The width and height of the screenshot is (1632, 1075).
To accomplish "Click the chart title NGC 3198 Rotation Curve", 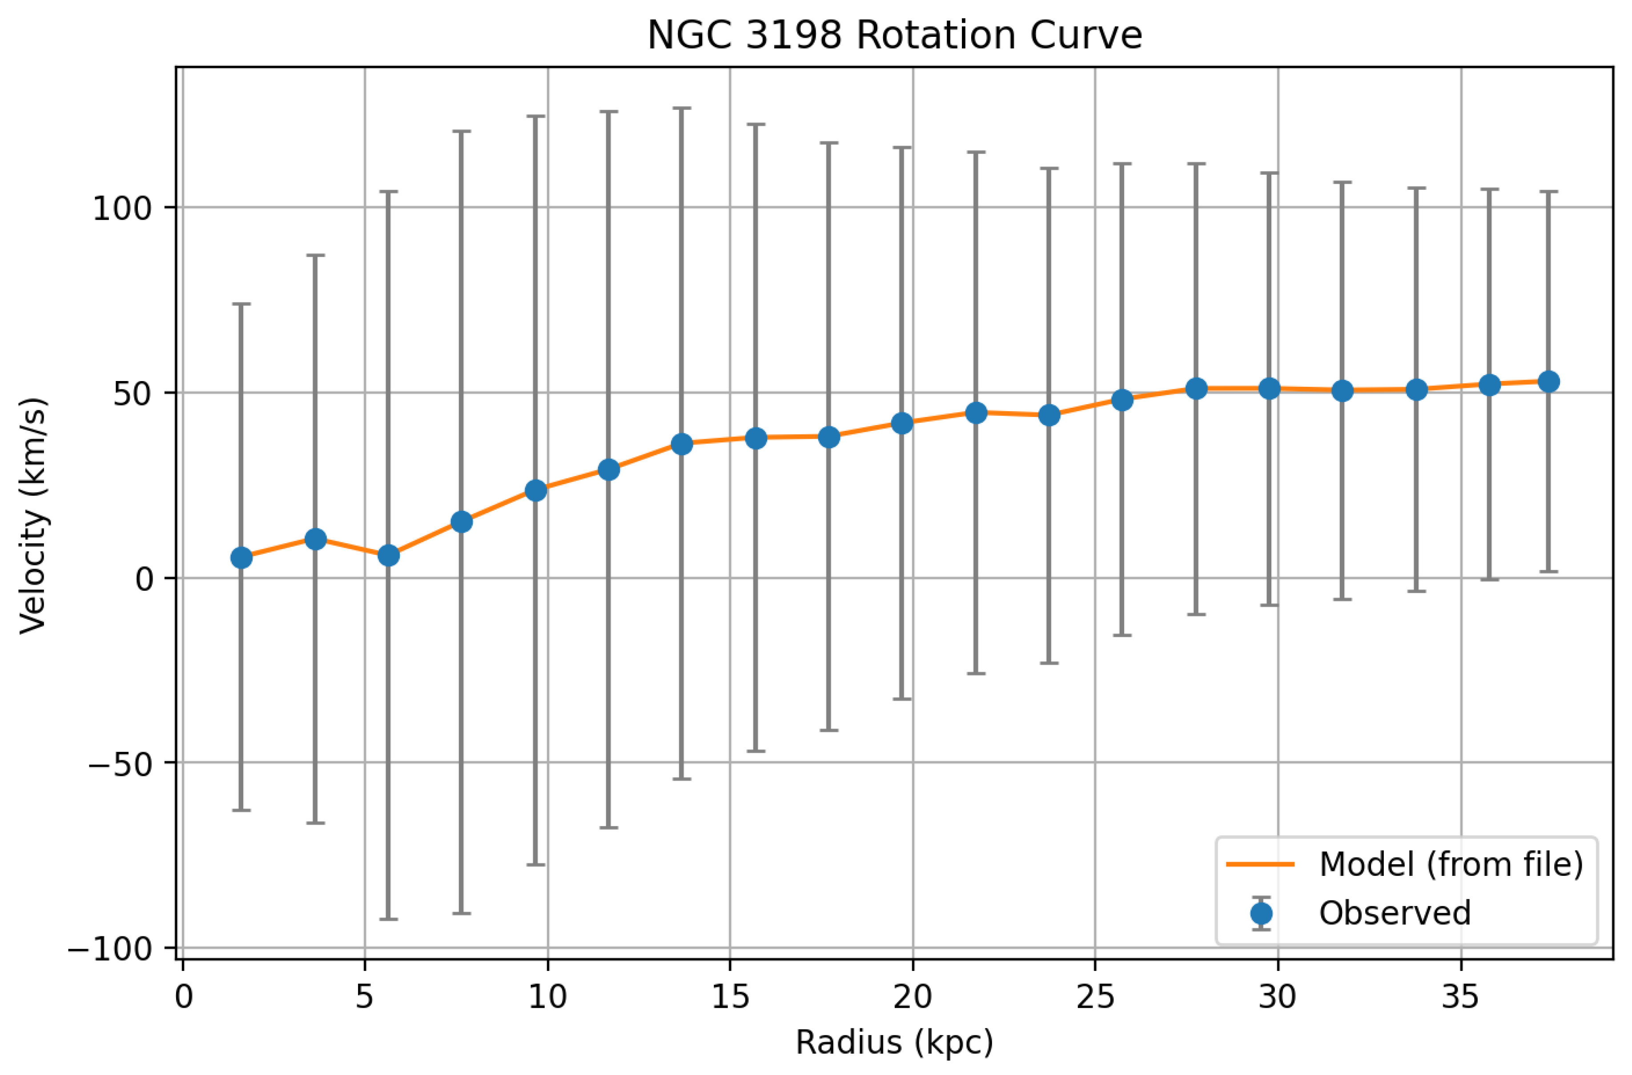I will [894, 36].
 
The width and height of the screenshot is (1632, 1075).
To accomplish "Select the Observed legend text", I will [1395, 913].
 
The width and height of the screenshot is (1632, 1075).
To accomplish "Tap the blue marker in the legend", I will [1261, 913].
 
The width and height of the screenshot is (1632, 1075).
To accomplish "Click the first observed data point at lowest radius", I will [241, 558].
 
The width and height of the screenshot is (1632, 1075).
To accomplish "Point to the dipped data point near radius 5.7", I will [388, 555].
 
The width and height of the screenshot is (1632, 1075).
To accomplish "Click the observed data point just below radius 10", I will [535, 490].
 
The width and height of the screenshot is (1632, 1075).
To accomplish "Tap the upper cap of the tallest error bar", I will [682, 108].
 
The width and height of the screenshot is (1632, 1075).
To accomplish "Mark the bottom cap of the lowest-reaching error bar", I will [388, 919].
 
